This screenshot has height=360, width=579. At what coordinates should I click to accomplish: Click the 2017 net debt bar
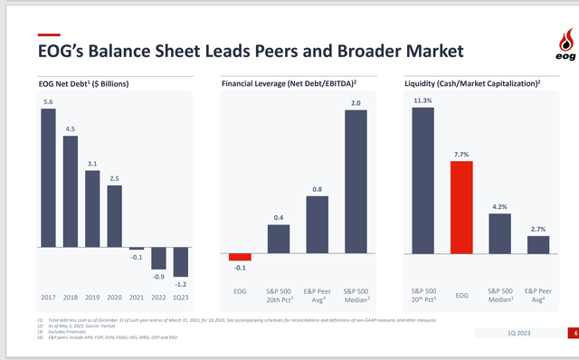48,177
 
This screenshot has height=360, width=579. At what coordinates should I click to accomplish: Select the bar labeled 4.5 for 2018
71,191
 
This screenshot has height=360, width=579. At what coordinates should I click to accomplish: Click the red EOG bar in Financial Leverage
240,256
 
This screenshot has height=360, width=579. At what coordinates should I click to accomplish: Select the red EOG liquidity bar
461,207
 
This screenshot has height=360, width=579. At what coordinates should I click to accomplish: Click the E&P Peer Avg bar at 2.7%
538,244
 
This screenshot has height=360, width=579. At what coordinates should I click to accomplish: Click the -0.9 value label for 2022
158,276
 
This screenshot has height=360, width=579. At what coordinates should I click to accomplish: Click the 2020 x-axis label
114,296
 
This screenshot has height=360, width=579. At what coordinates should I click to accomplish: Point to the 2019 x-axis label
92,296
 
